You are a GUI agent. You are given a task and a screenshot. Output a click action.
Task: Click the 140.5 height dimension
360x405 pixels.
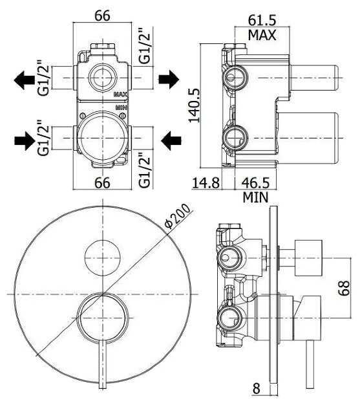(194, 105)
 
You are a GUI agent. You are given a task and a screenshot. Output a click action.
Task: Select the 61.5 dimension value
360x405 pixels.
(262, 20)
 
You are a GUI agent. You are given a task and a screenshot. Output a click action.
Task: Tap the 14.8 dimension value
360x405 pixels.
(206, 183)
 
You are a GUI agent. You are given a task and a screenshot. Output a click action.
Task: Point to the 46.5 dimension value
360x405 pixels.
(255, 183)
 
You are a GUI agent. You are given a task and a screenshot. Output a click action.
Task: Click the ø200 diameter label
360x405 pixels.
(178, 217)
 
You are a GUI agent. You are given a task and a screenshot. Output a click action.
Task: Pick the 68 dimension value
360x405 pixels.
(344, 288)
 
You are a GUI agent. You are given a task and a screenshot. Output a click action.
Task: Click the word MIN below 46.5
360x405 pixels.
(255, 197)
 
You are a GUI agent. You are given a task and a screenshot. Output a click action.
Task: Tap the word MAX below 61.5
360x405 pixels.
(262, 35)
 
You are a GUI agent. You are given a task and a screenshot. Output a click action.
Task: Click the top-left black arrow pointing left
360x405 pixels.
(24, 80)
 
